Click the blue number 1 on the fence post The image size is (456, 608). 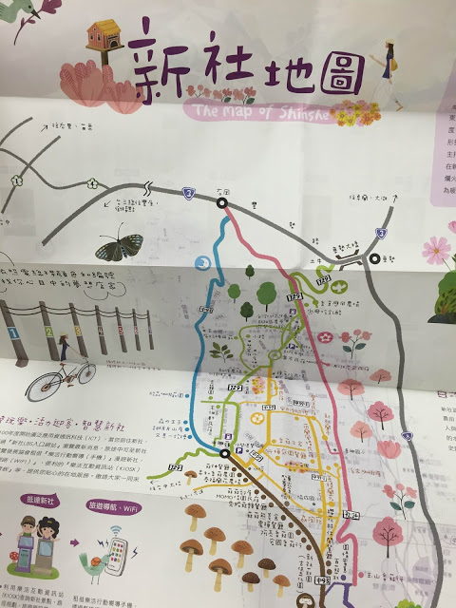[11, 334]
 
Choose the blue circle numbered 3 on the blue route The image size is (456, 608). [201, 262]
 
